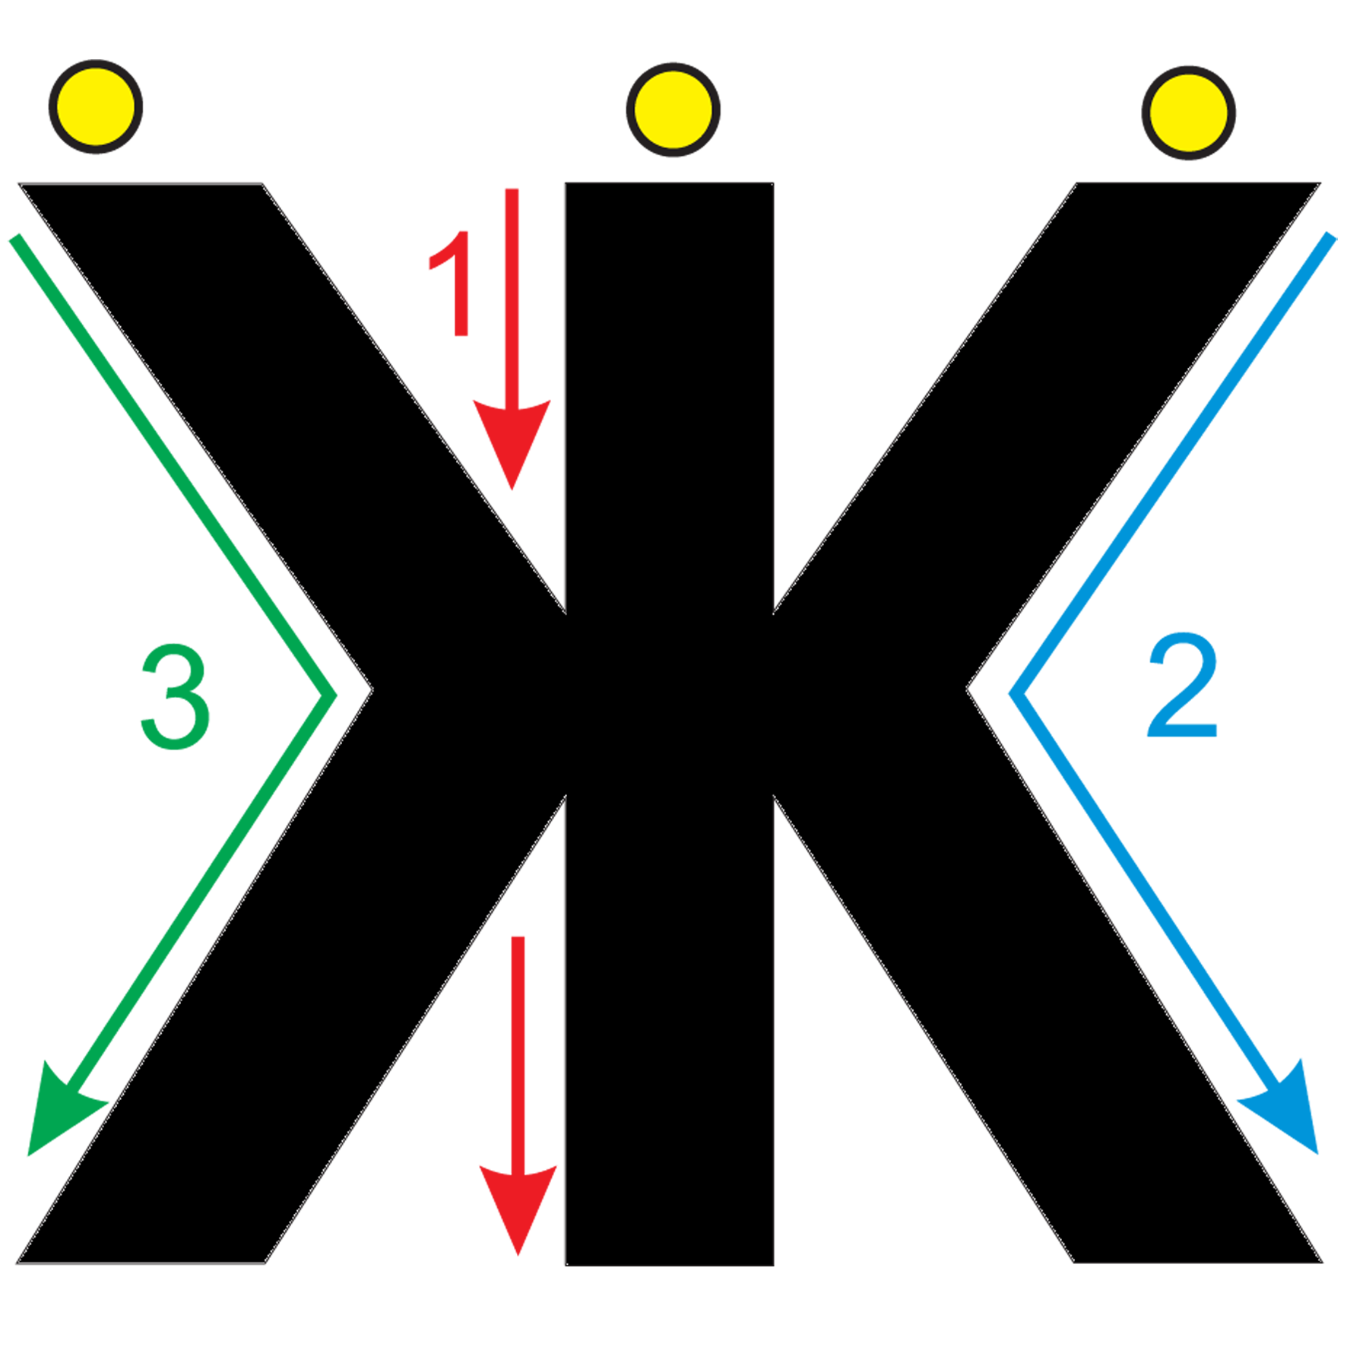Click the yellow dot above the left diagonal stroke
[96, 106]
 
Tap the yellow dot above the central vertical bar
[673, 109]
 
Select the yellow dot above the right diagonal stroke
[1188, 113]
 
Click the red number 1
[451, 283]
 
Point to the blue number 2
[1183, 686]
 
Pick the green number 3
[176, 696]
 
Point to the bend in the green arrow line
[331, 694]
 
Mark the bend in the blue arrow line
[1014, 693]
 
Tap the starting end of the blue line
[1331, 236]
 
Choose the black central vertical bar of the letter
[669, 724]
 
